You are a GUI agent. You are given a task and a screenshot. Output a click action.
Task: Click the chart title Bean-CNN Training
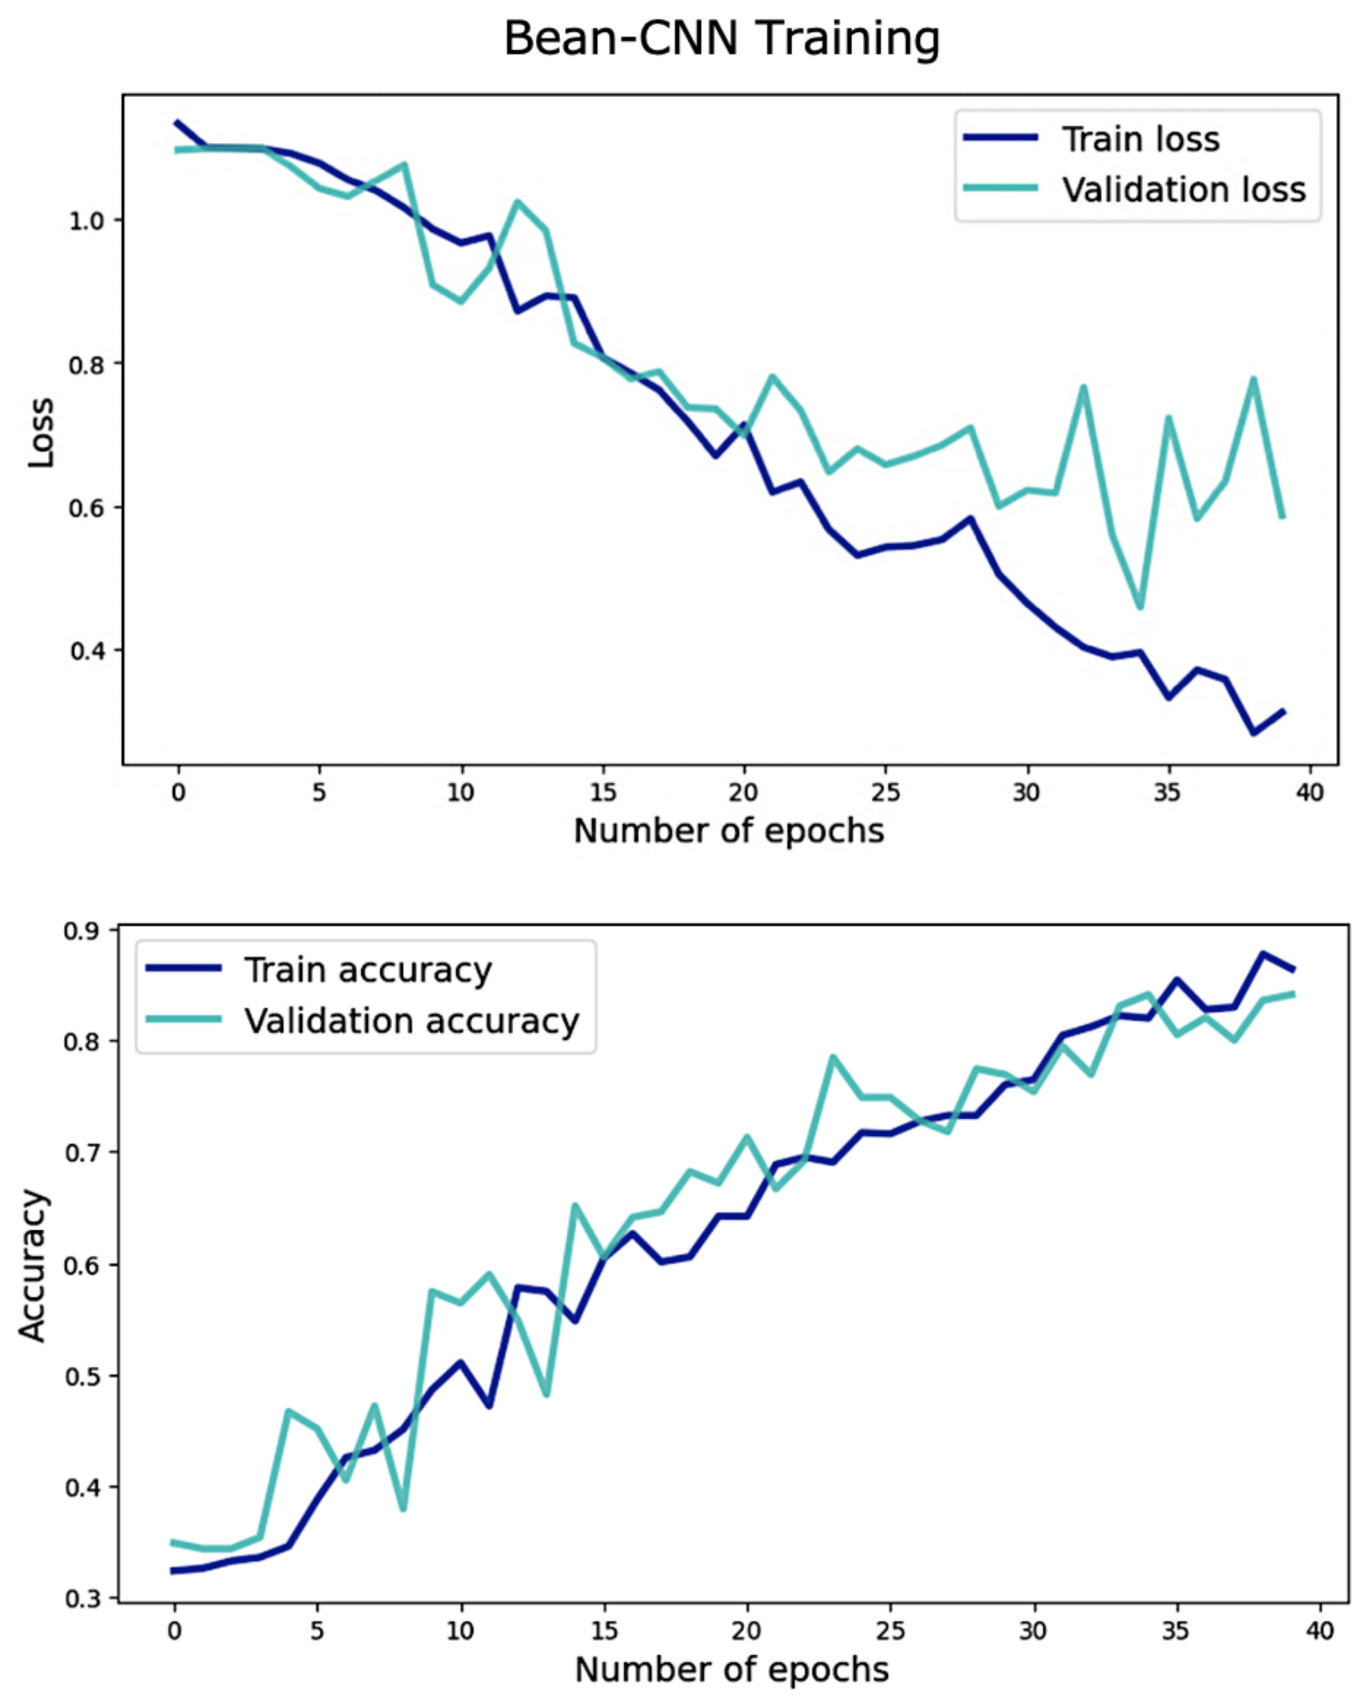point(722,40)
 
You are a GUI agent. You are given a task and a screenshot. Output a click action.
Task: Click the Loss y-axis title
point(40,433)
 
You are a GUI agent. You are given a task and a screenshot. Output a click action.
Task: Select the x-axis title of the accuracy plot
point(732,1670)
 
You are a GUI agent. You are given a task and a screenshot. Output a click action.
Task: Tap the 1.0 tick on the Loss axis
point(87,220)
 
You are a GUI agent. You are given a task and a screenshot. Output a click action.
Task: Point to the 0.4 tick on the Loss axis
point(87,651)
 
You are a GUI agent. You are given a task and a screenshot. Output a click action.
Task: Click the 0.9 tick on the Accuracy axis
point(82,931)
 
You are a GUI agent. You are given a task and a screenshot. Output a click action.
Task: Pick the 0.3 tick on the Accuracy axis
point(82,1599)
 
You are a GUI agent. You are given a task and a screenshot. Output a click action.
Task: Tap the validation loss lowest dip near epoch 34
point(1139,607)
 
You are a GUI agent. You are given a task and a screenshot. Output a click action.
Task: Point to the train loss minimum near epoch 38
point(1253,733)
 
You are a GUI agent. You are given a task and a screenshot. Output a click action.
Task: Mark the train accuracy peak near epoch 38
point(1263,954)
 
